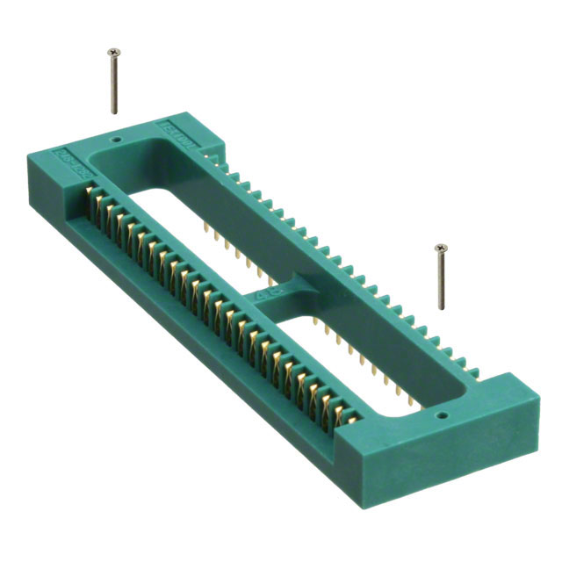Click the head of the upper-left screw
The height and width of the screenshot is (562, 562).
coord(112,54)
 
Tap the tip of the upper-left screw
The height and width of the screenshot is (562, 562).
coord(113,113)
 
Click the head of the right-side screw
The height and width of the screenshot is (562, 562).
coord(440,249)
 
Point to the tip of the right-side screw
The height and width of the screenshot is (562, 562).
coord(441,308)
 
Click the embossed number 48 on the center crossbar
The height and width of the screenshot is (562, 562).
coord(263,295)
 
